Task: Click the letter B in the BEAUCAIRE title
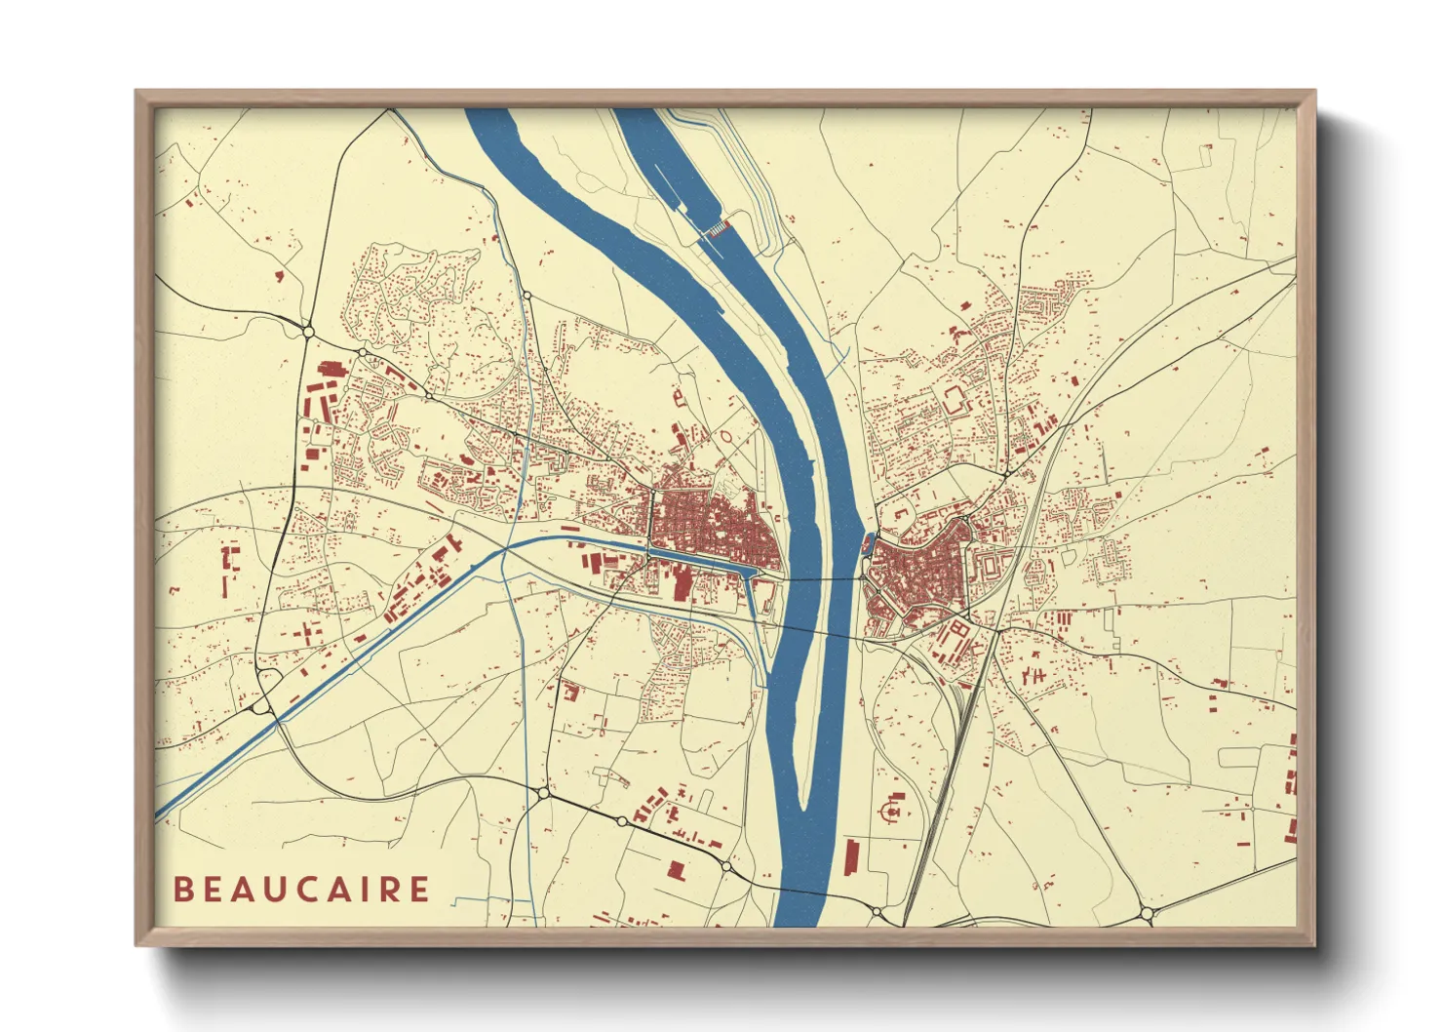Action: (182, 890)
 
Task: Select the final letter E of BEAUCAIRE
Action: (419, 890)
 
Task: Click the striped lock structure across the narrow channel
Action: (718, 228)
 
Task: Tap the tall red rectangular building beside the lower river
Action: (850, 856)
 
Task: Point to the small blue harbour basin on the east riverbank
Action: (867, 539)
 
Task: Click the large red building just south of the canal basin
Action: (682, 584)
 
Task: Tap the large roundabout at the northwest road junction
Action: (308, 332)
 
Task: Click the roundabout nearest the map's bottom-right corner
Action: (1147, 914)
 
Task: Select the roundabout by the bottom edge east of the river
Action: (877, 912)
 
